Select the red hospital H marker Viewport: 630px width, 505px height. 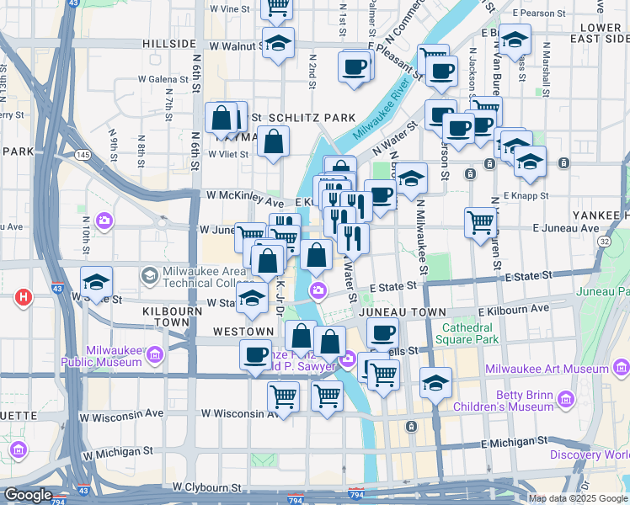(x=24, y=297)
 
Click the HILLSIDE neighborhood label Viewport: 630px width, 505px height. (x=168, y=44)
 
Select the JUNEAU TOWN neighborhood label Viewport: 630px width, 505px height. (x=401, y=311)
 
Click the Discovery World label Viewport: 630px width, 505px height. (x=589, y=454)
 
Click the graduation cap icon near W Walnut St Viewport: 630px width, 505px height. (x=277, y=44)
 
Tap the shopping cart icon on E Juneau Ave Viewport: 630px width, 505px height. (x=480, y=223)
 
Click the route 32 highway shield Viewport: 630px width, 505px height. (x=604, y=241)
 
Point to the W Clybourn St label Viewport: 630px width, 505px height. (x=206, y=486)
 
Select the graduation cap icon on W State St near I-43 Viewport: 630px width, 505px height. (x=97, y=282)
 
